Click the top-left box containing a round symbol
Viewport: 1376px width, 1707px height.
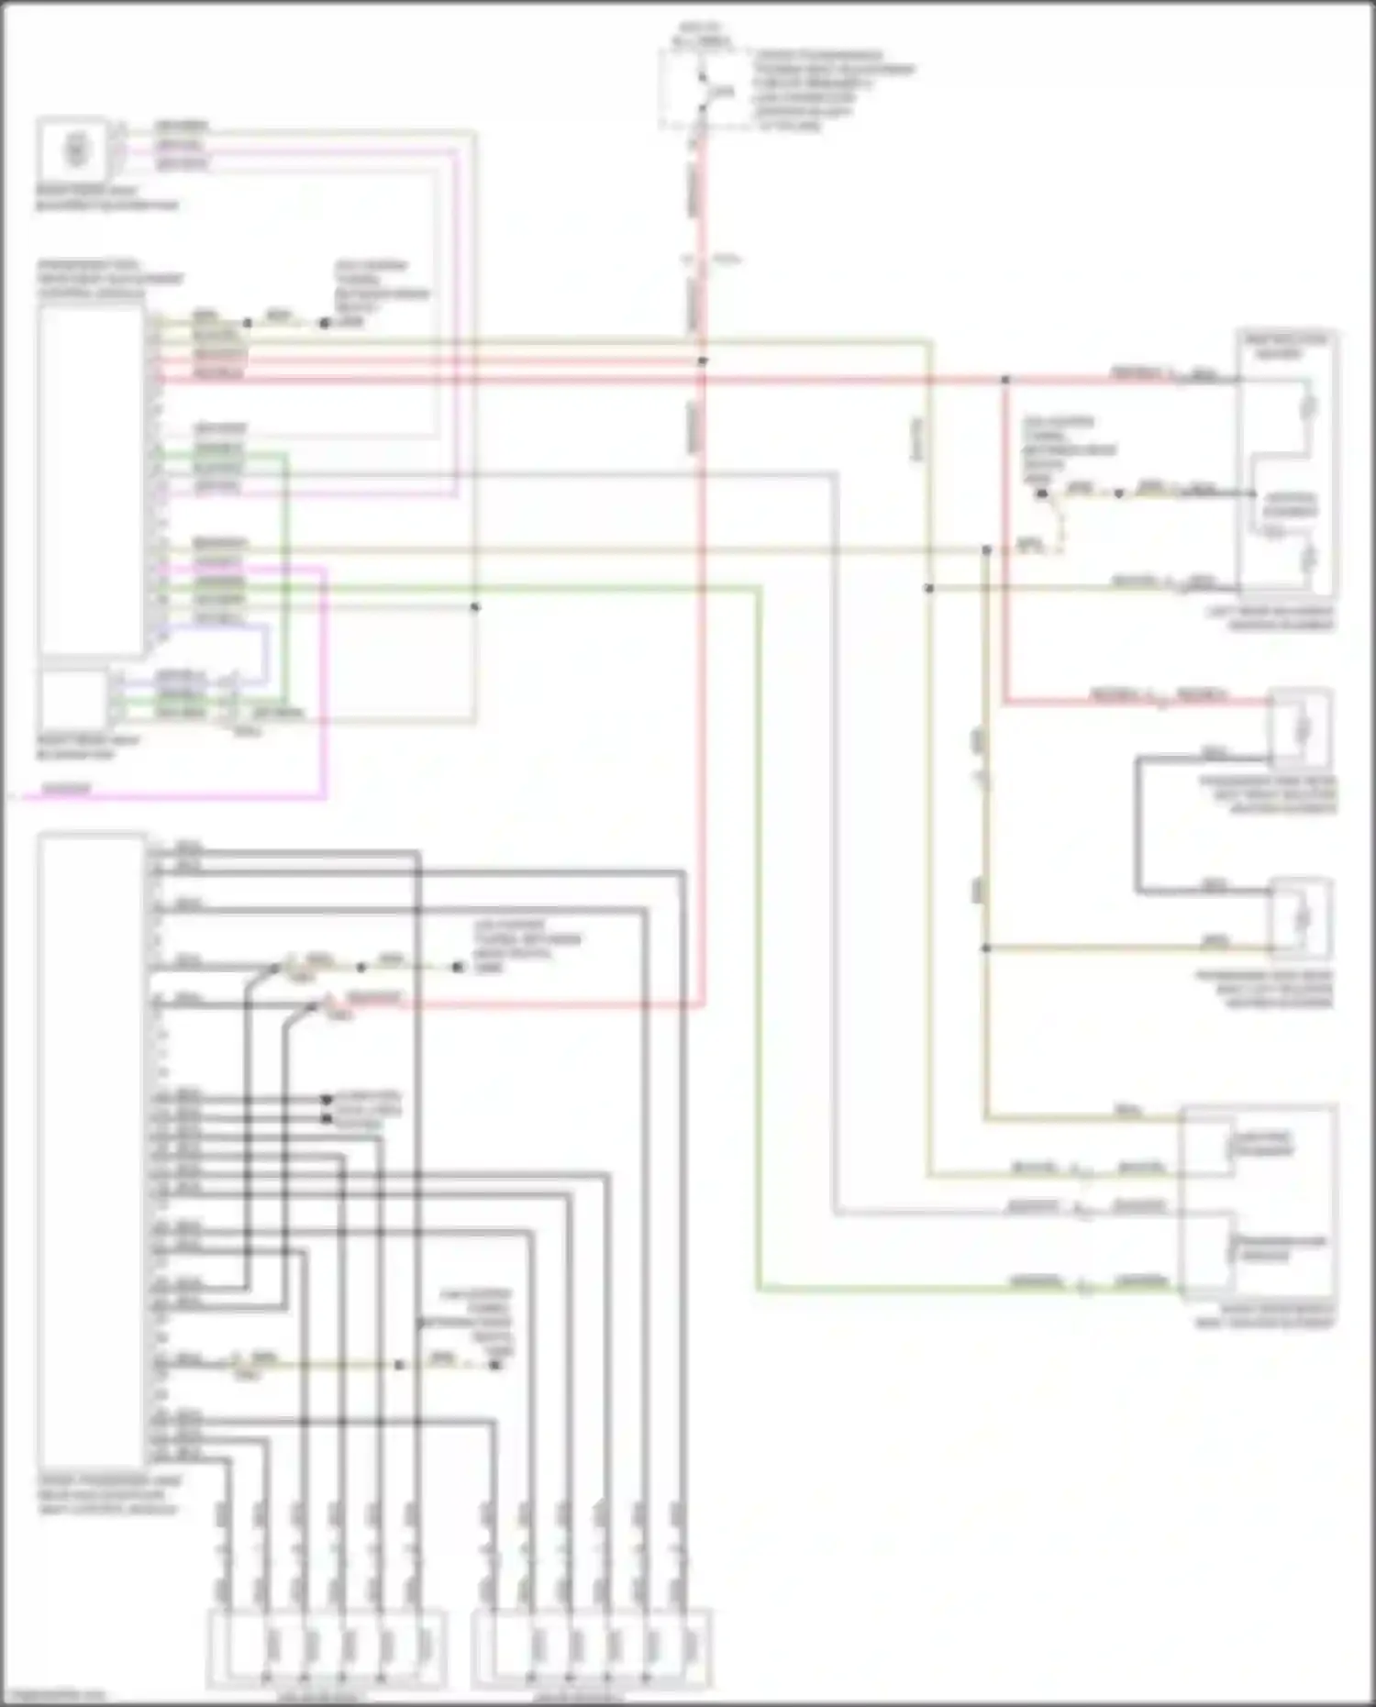pyautogui.click(x=73, y=150)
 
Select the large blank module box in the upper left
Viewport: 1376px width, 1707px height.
pyautogui.click(x=90, y=481)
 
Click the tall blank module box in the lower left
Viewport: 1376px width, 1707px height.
pyautogui.click(x=92, y=1151)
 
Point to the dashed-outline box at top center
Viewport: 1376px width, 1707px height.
pyautogui.click(x=702, y=90)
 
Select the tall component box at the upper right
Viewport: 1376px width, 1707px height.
pyautogui.click(x=1286, y=463)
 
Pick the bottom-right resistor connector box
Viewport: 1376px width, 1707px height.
pyautogui.click(x=592, y=1648)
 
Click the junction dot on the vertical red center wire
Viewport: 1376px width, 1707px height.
pyautogui.click(x=703, y=361)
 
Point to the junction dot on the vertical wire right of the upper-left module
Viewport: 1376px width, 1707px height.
pyautogui.click(x=474, y=606)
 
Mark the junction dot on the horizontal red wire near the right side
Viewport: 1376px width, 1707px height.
pyautogui.click(x=1005, y=379)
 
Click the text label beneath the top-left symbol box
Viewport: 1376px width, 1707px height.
pyautogui.click(x=106, y=199)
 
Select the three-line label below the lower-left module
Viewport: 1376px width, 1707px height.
pyautogui.click(x=109, y=1494)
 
